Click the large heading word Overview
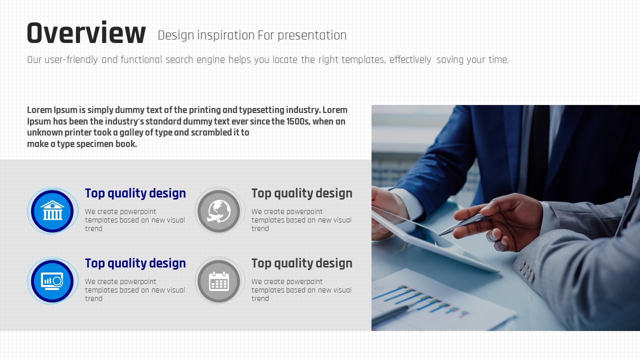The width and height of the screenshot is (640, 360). (86, 33)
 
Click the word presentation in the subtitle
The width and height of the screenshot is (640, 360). (312, 35)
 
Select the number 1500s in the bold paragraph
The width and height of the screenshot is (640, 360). (298, 121)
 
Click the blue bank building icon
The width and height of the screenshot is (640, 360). (52, 211)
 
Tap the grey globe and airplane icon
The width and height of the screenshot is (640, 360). (219, 211)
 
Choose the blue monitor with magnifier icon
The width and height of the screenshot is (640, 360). (52, 281)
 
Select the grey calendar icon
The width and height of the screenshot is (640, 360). (219, 281)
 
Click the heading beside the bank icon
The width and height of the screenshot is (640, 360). (135, 193)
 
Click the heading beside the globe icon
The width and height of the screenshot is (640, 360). (302, 193)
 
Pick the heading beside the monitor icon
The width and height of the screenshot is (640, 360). (135, 263)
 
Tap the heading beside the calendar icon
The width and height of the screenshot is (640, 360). (302, 263)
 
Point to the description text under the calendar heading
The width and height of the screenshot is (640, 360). (301, 290)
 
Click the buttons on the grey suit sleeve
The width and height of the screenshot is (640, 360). (526, 271)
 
